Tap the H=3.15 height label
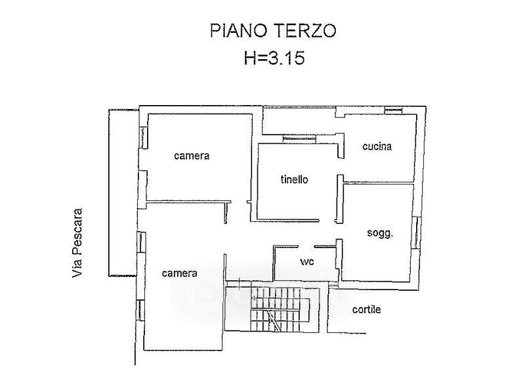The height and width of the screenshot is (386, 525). pyautogui.click(x=274, y=57)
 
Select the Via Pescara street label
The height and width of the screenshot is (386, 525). pyautogui.click(x=77, y=243)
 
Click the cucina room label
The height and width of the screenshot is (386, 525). pyautogui.click(x=377, y=146)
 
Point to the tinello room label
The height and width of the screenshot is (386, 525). pyautogui.click(x=294, y=180)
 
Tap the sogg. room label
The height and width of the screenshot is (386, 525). pyautogui.click(x=380, y=233)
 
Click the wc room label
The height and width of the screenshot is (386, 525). pyautogui.click(x=307, y=261)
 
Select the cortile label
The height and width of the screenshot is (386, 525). pyautogui.click(x=366, y=309)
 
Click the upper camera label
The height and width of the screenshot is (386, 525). pyautogui.click(x=192, y=156)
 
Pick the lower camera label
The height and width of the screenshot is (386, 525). pyautogui.click(x=179, y=273)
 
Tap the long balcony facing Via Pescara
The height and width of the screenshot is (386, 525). pyautogui.click(x=123, y=192)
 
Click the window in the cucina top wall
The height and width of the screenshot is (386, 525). pyautogui.click(x=394, y=110)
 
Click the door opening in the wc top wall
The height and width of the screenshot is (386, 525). pyautogui.click(x=306, y=247)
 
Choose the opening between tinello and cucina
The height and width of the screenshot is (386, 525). pyautogui.click(x=340, y=166)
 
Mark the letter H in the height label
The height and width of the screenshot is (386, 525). pyautogui.click(x=249, y=57)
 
